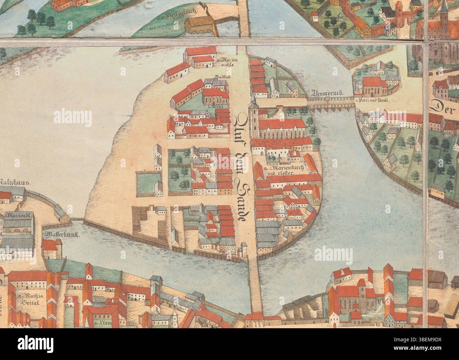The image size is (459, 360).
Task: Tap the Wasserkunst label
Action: pos(58,234)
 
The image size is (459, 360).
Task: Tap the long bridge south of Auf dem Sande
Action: pos(255,286)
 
